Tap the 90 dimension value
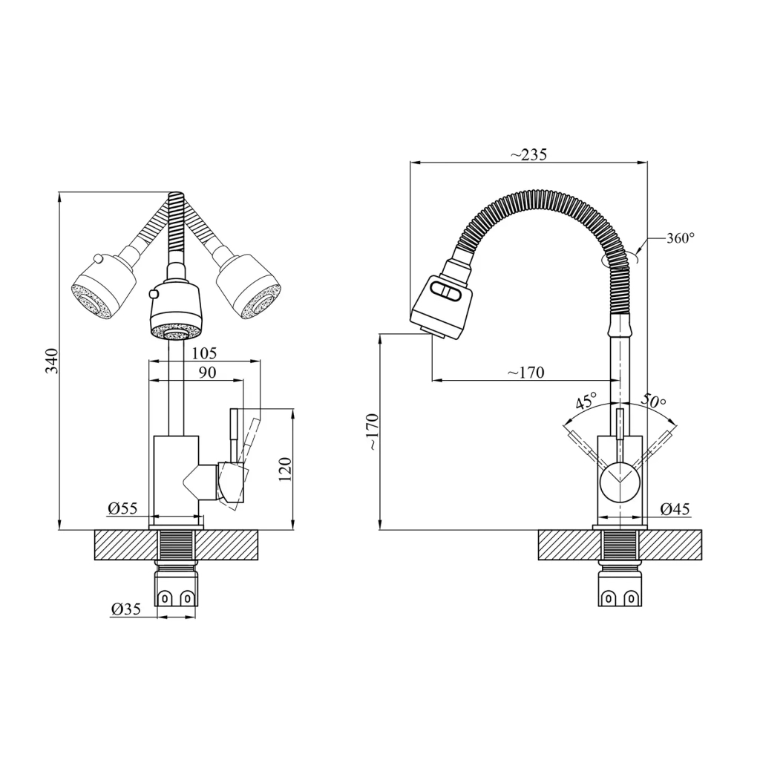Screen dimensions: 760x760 click(207, 373)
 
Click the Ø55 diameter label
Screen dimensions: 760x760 click(122, 508)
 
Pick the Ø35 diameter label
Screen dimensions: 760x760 click(126, 609)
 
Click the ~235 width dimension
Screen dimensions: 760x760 click(528, 154)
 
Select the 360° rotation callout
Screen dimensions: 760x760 click(681, 238)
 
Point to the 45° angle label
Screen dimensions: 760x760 click(586, 402)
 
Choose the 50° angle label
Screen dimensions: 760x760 click(653, 402)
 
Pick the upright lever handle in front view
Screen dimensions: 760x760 click(233, 434)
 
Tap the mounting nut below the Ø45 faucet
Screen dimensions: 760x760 click(620, 589)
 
